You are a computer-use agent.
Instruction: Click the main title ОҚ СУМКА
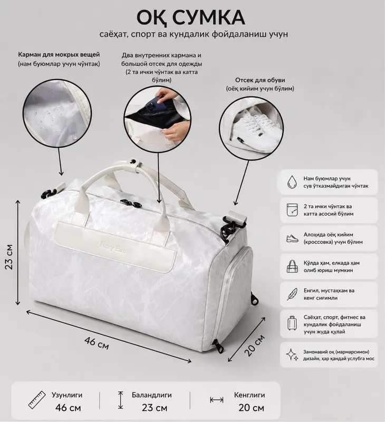pos(191,17)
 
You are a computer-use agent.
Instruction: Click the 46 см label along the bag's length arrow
pos(97,343)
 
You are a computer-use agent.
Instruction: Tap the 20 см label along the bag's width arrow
pos(254,346)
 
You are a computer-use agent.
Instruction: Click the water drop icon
pos(292,182)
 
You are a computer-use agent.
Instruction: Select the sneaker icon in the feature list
pos(292,238)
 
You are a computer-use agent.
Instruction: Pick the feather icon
pos(292,294)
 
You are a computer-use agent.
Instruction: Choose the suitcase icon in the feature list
pos(292,323)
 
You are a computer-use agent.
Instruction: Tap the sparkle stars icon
pos(292,354)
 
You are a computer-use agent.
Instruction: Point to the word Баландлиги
pos(151,395)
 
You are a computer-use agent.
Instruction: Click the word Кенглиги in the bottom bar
pos(249,395)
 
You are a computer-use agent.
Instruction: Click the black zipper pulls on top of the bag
pos(131,204)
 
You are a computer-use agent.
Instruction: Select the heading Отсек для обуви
pos(260,80)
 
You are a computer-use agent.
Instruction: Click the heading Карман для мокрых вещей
pos(59,55)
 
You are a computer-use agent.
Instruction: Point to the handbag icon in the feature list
pos(292,266)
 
